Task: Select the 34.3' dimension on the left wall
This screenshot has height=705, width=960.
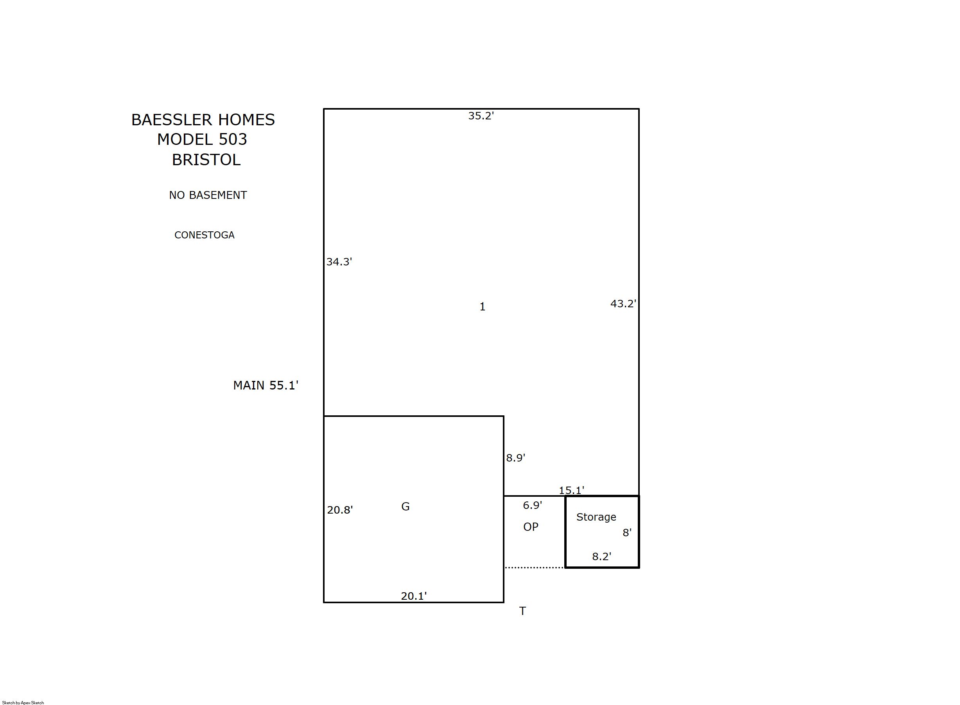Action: coord(339,262)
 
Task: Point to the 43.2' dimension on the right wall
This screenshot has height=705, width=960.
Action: coord(623,304)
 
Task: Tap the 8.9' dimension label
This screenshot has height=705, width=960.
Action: coord(515,458)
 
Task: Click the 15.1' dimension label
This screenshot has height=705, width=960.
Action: coord(572,490)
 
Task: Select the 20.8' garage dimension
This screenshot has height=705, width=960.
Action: coord(340,510)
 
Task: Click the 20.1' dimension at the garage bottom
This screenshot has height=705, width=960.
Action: coord(413,596)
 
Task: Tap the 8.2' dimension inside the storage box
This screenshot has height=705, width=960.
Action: coord(601,557)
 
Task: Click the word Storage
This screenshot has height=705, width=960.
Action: coord(596,517)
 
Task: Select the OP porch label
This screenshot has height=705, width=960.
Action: coord(531,527)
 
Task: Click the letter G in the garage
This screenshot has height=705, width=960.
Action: coord(406,507)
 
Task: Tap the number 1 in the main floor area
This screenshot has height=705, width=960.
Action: coord(483,307)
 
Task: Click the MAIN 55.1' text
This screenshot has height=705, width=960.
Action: coord(266,385)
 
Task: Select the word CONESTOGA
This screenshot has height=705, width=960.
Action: coord(204,235)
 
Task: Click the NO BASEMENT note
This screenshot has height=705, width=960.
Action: coord(208,195)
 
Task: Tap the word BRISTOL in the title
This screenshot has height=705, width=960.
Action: coord(206,160)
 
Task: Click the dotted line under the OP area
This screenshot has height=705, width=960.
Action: coord(535,568)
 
